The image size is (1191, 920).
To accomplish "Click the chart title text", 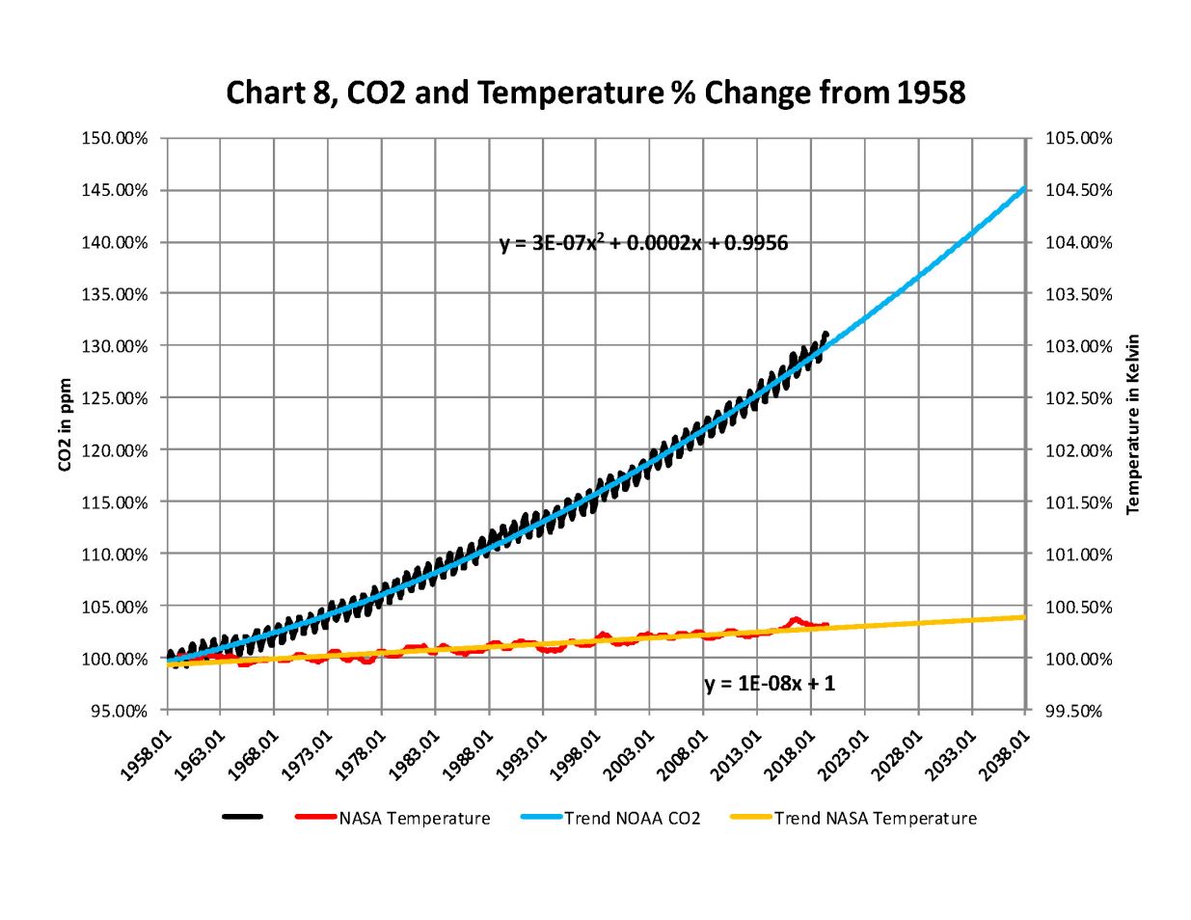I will click(x=595, y=93).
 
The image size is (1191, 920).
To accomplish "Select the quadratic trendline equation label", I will click(x=643, y=243).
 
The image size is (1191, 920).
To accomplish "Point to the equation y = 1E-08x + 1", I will click(x=770, y=684).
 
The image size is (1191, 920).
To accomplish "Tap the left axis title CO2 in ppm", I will click(x=66, y=424).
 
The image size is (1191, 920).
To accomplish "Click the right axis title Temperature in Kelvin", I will click(x=1133, y=424).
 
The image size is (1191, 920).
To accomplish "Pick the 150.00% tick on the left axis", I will click(x=114, y=138).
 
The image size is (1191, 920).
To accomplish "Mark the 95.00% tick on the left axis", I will click(x=114, y=711).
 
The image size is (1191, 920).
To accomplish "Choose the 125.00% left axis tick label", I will click(x=114, y=398).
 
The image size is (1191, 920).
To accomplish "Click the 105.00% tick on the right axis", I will click(x=1079, y=138).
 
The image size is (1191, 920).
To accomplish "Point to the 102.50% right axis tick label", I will click(x=1079, y=398).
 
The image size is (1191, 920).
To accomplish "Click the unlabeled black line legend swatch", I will click(x=243, y=818).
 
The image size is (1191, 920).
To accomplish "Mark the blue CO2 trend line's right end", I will click(x=1023, y=189).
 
